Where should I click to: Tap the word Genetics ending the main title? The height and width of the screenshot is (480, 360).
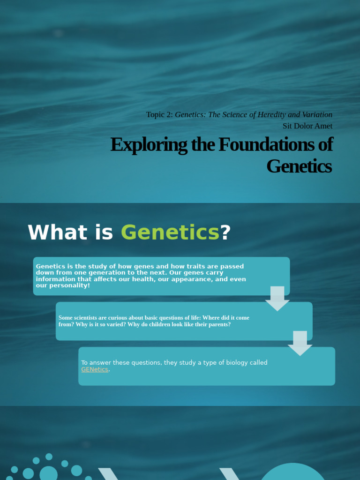pos(299,166)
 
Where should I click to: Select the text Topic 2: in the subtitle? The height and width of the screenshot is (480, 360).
pos(159,115)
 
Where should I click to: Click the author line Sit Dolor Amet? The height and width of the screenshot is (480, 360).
pos(307,126)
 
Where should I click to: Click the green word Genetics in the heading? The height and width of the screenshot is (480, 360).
pos(170,233)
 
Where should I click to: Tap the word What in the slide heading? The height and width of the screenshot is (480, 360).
pos(58,233)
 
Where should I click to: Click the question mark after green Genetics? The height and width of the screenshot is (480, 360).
pos(225,233)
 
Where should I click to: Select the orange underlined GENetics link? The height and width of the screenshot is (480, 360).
pos(94,369)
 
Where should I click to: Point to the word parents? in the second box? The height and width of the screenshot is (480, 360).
pos(218,324)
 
